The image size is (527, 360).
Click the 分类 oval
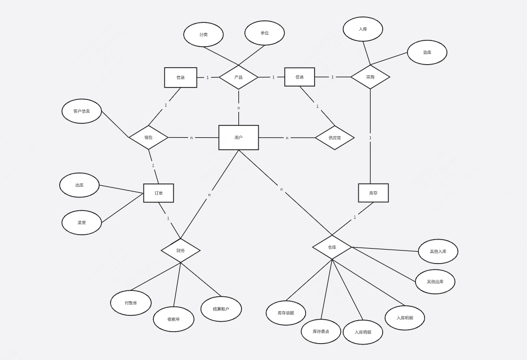[x=203, y=35]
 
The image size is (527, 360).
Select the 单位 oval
[x=264, y=33]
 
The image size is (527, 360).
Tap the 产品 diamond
[x=238, y=77]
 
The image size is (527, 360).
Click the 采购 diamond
[x=370, y=77]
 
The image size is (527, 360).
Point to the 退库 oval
[x=427, y=52]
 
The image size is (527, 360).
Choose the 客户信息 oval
[x=82, y=111]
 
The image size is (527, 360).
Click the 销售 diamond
[x=148, y=137]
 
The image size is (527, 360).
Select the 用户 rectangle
[x=238, y=137]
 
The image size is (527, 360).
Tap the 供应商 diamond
[x=334, y=138]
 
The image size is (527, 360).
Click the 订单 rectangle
[x=158, y=193]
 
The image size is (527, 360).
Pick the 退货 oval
[x=82, y=222]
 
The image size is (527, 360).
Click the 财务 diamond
[x=180, y=250]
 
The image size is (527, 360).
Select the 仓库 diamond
[x=332, y=247]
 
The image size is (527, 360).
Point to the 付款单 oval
[x=131, y=303]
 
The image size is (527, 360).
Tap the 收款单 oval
[x=173, y=319]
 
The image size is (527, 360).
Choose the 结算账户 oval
[x=221, y=309]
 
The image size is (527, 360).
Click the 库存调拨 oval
[x=286, y=313]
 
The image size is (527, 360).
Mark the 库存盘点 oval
[x=320, y=331]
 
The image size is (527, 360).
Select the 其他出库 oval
[x=435, y=281]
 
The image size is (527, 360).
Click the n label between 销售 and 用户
[x=191, y=138]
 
